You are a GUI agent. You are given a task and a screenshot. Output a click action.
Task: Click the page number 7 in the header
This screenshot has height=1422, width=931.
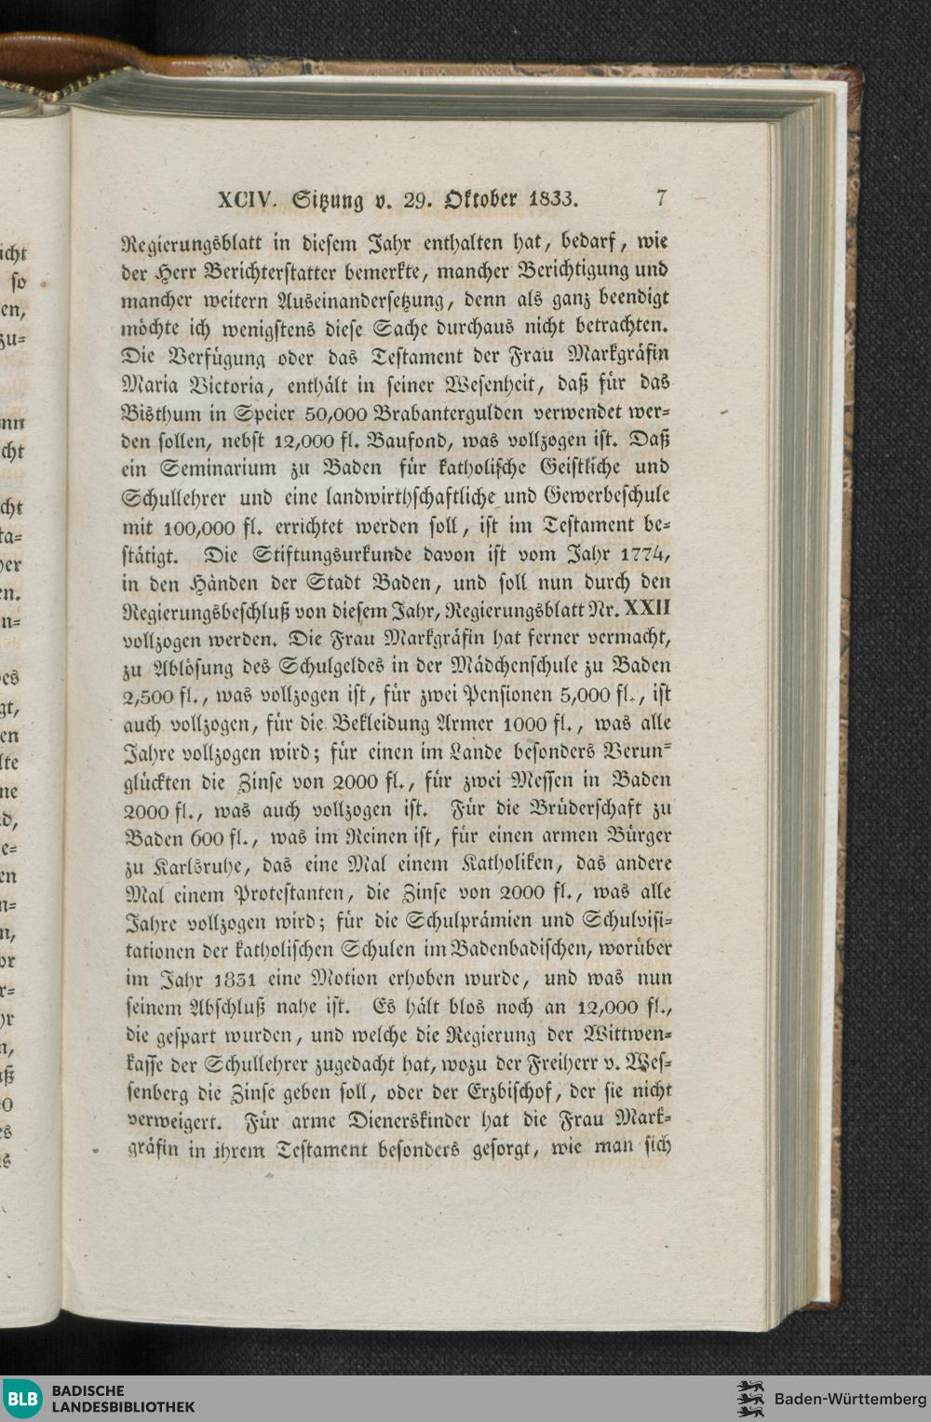[x=661, y=197]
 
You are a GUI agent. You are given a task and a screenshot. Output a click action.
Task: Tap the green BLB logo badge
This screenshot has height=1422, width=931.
[x=22, y=1398]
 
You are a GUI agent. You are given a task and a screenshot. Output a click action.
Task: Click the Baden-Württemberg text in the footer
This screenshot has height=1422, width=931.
[x=850, y=1399]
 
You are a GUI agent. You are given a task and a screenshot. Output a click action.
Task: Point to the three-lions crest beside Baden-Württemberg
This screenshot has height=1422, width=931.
[x=749, y=1399]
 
